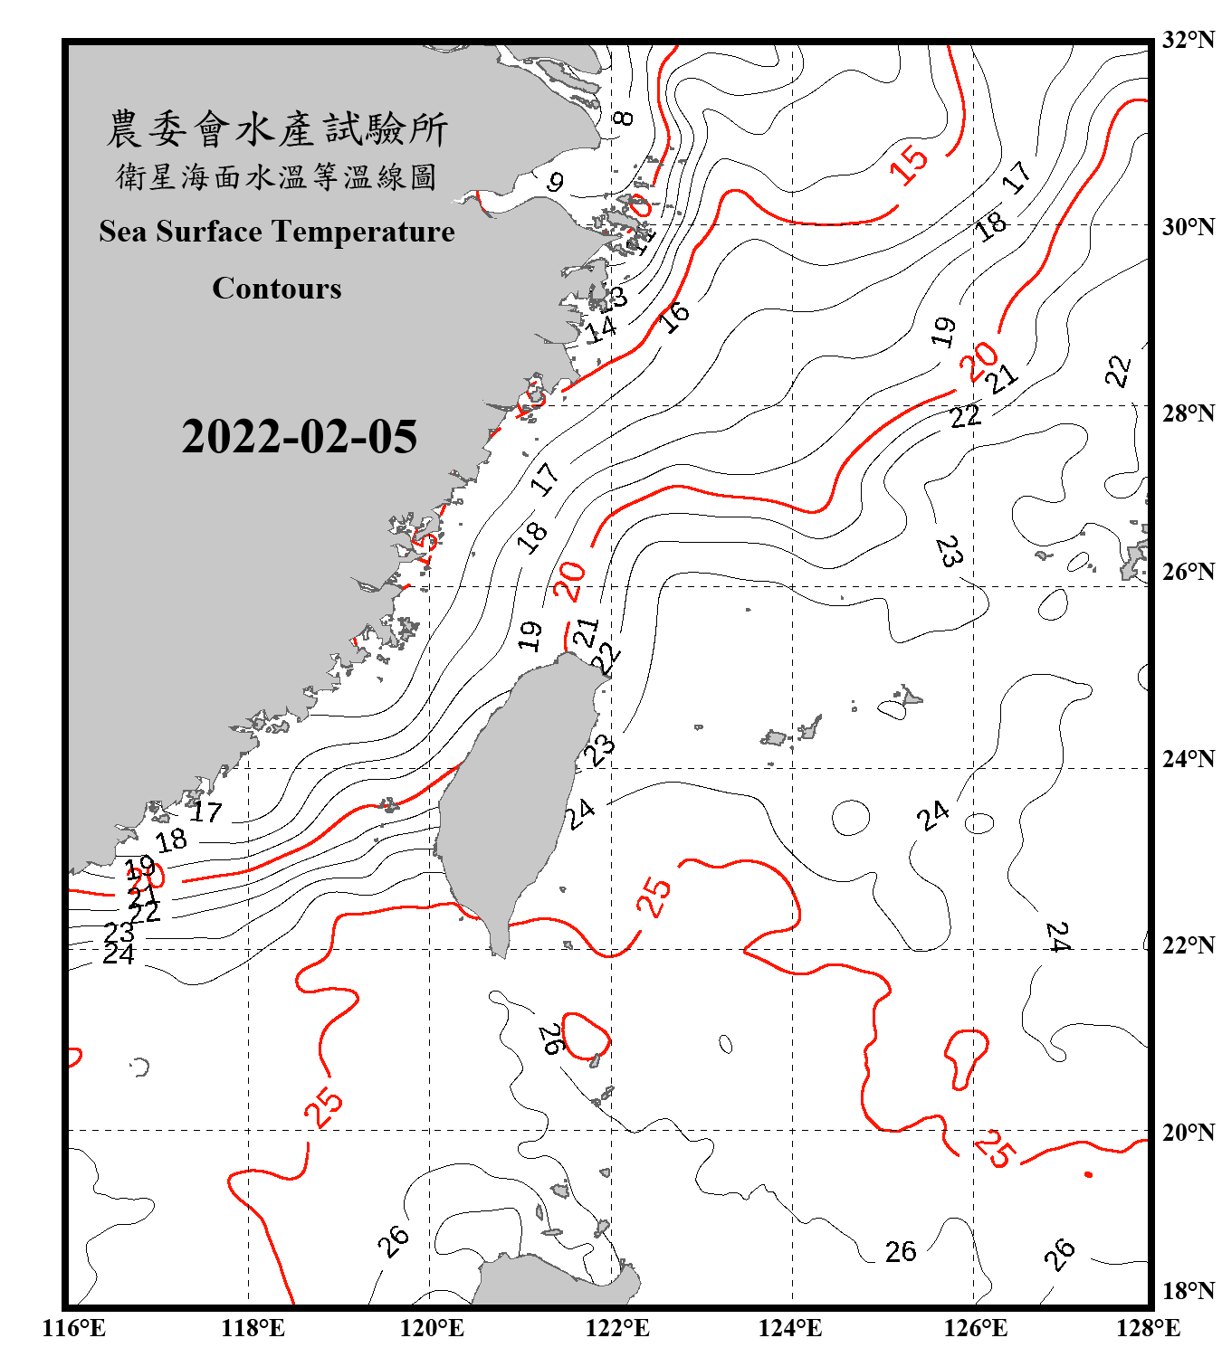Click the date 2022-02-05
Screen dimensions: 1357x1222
[300, 437]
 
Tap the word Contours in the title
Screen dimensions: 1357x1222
[277, 289]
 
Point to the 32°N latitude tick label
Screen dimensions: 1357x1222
[1188, 40]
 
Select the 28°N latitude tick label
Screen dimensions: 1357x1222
[1188, 413]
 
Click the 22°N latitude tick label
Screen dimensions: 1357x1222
[1188, 945]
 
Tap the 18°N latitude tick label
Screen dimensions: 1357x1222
[1188, 1291]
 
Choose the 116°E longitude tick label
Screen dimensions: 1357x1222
[74, 1328]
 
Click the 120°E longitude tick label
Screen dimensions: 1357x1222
[432, 1328]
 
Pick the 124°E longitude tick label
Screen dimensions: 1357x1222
[790, 1328]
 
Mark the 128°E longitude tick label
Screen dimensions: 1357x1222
[1148, 1328]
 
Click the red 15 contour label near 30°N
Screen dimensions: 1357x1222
[908, 164]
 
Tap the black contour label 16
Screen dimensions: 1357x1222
[674, 317]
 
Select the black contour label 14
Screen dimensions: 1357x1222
[600, 329]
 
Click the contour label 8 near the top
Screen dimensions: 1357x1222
[623, 118]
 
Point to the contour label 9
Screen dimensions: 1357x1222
[556, 182]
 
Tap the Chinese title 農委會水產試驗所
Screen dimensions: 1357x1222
[277, 129]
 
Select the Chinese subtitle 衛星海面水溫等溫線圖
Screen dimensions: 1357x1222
[277, 177]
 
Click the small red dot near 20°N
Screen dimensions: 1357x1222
[1088, 1174]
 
